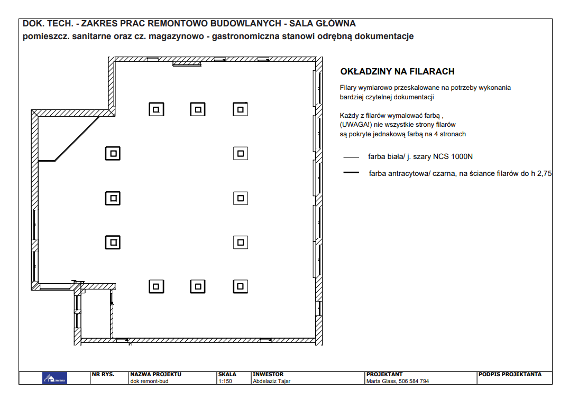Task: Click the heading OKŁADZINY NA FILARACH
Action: [x=397, y=71]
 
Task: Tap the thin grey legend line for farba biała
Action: [x=351, y=157]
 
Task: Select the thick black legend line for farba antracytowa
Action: [x=351, y=173]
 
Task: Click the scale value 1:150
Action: [x=225, y=381]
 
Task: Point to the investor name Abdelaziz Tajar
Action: [x=271, y=381]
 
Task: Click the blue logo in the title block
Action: [x=54, y=378]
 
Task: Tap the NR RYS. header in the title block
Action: [x=103, y=374]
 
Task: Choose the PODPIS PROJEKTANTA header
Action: [x=510, y=374]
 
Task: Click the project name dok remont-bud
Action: [x=149, y=381]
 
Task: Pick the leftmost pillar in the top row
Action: [x=157, y=109]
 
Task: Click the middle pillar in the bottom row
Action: [x=198, y=286]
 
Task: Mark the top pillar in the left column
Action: [x=113, y=153]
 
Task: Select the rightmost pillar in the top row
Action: [x=240, y=109]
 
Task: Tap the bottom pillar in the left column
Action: [x=113, y=242]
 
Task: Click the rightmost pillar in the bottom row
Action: [x=240, y=286]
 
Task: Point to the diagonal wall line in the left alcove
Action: [x=77, y=138]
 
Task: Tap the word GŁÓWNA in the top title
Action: [x=336, y=24]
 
